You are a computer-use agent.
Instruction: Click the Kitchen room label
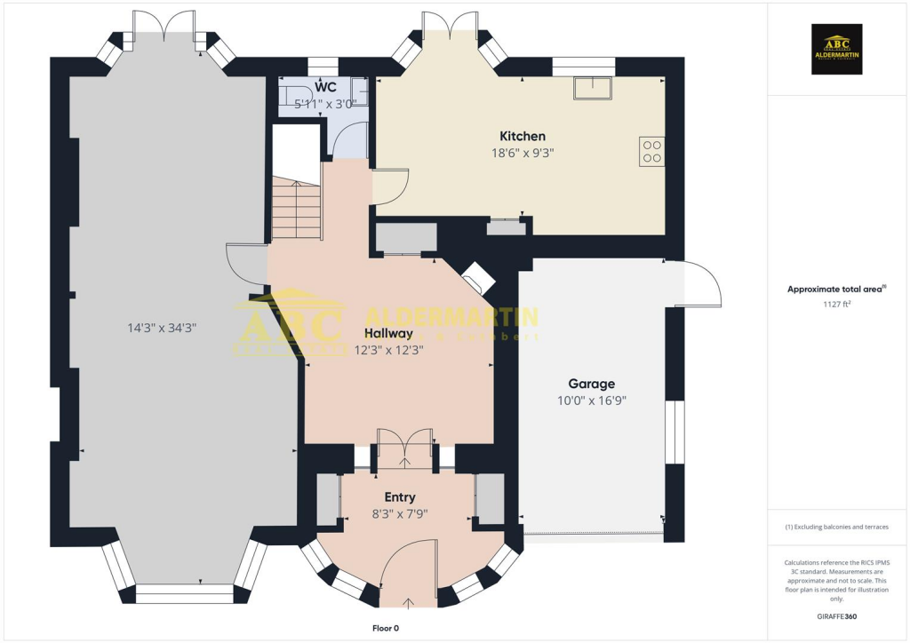tap(522, 136)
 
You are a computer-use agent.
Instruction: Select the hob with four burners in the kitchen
tap(651, 152)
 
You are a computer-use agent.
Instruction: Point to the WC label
tap(325, 88)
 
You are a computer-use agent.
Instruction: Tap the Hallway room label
tap(388, 334)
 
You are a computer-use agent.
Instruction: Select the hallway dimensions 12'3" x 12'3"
tap(388, 350)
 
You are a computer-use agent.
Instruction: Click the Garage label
tap(591, 384)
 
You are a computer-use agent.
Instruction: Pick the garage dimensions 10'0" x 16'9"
tap(591, 400)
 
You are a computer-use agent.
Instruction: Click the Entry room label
tap(399, 497)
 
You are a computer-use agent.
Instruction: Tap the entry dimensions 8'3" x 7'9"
tap(399, 513)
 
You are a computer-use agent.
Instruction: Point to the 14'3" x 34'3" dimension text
tap(161, 328)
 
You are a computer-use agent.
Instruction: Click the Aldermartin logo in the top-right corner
tap(837, 48)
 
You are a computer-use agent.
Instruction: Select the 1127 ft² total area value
tap(837, 304)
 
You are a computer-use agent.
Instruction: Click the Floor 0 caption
tap(385, 628)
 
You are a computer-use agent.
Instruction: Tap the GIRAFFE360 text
tap(837, 616)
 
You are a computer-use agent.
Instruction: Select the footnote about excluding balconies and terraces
tap(837, 527)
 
